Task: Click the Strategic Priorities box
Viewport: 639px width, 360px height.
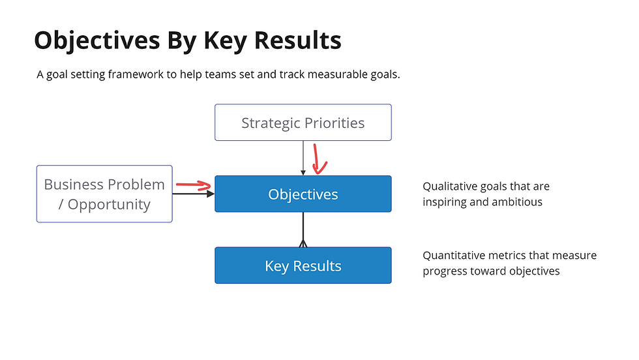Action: point(303,123)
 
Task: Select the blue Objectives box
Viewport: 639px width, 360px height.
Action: point(303,194)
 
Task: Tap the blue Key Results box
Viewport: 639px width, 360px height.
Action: point(303,265)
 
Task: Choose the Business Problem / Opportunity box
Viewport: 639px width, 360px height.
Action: point(104,194)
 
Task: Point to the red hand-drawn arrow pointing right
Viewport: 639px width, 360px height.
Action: point(194,187)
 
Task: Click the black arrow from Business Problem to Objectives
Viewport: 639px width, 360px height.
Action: point(193,194)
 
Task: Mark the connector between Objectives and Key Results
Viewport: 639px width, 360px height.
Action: point(303,230)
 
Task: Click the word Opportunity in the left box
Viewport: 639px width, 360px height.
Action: point(109,204)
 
